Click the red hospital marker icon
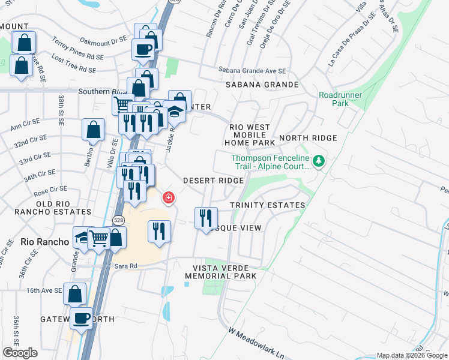[169, 197]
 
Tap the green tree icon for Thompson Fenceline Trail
[320, 161]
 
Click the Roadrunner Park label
[334, 99]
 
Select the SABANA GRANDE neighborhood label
[262, 85]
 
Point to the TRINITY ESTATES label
[268, 205]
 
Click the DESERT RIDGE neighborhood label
[213, 181]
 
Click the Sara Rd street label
[125, 265]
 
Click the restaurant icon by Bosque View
[205, 218]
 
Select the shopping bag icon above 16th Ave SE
[74, 295]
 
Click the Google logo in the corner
[20, 353]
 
